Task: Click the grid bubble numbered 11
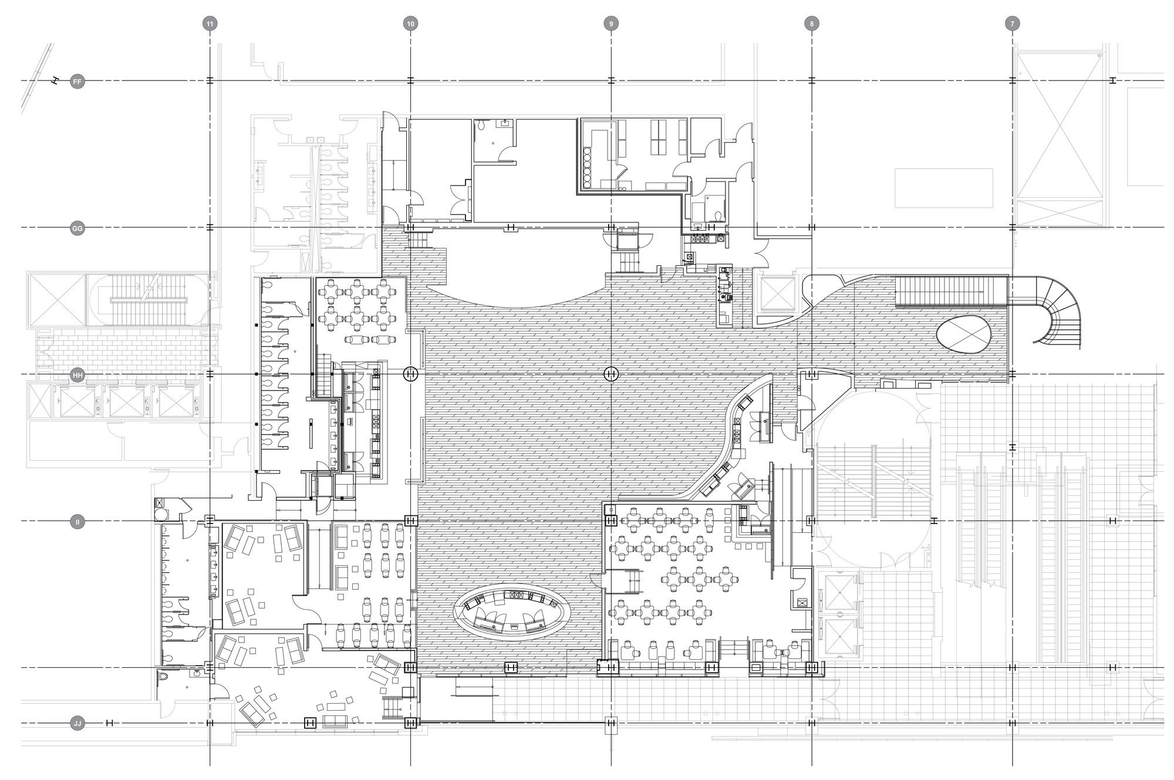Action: pyautogui.click(x=210, y=24)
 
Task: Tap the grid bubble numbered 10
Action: pyautogui.click(x=410, y=24)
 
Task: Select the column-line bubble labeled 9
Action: pyautogui.click(x=611, y=24)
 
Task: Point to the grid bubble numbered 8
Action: pyautogui.click(x=812, y=24)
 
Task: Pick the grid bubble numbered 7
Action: pyautogui.click(x=1012, y=24)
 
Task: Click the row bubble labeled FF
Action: pyautogui.click(x=77, y=82)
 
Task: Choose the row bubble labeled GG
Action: pyautogui.click(x=77, y=228)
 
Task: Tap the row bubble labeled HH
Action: pyautogui.click(x=77, y=375)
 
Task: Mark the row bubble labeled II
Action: pyautogui.click(x=77, y=521)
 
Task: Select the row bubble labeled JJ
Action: pyautogui.click(x=77, y=723)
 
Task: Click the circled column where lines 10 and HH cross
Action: pyautogui.click(x=410, y=374)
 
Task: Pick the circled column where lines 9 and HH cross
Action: pyautogui.click(x=611, y=374)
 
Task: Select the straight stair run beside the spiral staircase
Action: pyautogui.click(x=952, y=291)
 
